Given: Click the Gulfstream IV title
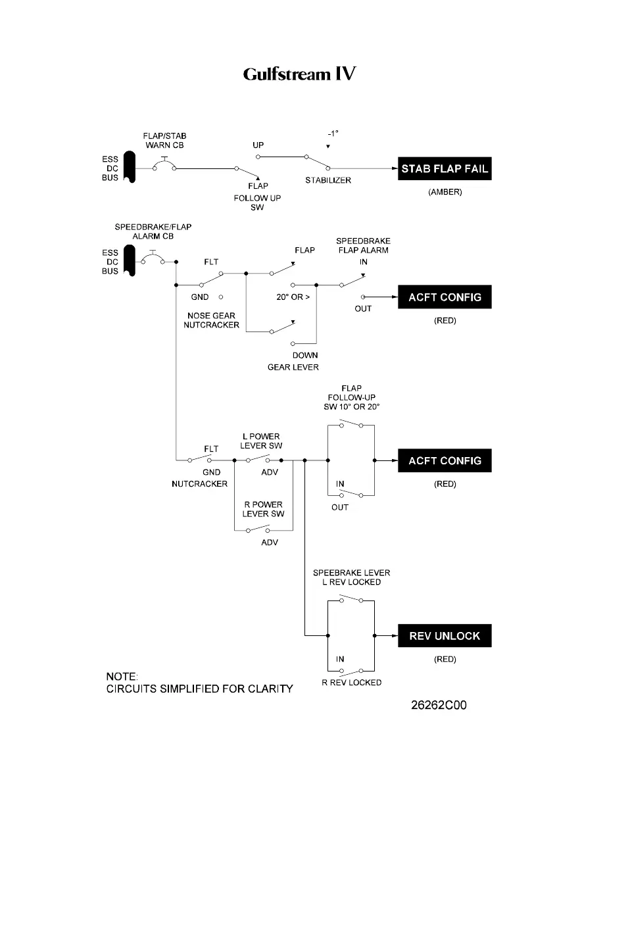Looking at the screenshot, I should (x=299, y=74).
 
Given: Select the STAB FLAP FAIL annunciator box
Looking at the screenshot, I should (x=445, y=169).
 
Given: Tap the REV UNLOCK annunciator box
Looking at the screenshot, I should (x=445, y=636).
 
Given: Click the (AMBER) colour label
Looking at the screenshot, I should (x=445, y=192).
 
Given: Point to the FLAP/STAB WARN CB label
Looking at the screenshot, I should (x=164, y=141).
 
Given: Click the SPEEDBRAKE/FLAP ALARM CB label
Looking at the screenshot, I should (x=153, y=232).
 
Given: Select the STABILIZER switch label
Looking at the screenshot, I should (x=328, y=180).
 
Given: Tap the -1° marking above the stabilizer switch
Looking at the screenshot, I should (x=333, y=134).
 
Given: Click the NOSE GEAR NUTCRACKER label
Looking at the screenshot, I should (x=211, y=320).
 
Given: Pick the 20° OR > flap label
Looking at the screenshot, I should (x=293, y=297).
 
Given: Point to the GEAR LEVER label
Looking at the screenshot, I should (x=293, y=367).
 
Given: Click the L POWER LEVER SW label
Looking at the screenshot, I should (x=261, y=441).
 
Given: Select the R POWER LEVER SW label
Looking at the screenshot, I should (x=263, y=509).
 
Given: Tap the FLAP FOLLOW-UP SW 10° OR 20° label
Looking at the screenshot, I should (x=352, y=397).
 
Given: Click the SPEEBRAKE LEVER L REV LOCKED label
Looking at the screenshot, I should (x=352, y=577).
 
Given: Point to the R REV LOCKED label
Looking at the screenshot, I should (x=352, y=683).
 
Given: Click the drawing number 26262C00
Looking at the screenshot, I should (x=439, y=705).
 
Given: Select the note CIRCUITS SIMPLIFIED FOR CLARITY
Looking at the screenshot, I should (x=200, y=689).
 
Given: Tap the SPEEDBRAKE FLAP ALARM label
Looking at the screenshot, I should (x=363, y=245).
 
